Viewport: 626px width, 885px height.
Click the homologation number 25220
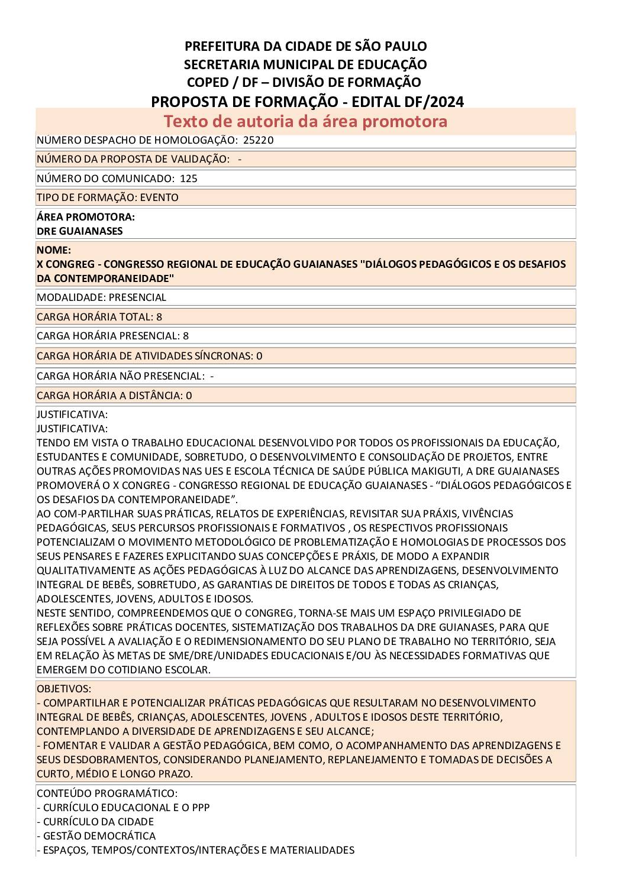258,140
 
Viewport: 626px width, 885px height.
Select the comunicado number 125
189,179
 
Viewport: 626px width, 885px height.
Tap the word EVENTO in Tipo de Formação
159,197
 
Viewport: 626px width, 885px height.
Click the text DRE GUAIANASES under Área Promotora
79,231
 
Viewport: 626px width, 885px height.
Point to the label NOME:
54,250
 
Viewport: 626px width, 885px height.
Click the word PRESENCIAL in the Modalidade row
137,297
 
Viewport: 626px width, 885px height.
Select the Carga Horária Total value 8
159,317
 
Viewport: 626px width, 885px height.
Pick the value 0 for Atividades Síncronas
259,356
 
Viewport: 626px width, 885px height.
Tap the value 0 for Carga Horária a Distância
189,396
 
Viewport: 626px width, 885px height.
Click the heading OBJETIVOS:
64,689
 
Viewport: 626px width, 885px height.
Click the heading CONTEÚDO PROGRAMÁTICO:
107,793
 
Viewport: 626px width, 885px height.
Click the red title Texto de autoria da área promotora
305,121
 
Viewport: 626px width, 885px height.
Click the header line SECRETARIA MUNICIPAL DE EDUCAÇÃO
305,64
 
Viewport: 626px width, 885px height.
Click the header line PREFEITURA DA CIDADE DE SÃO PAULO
305,46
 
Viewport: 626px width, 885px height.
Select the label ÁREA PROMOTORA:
86,217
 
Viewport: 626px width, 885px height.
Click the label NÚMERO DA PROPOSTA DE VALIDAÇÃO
133,159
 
